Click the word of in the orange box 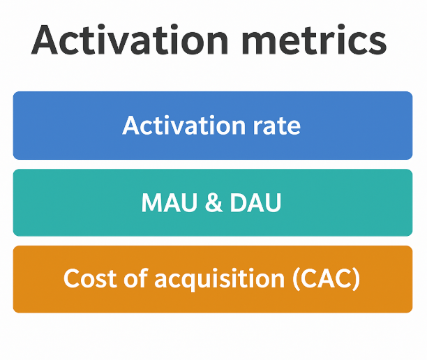[x=135, y=279]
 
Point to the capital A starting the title [x=47, y=40]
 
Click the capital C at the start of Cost [x=71, y=279]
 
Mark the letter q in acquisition [x=193, y=282]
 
